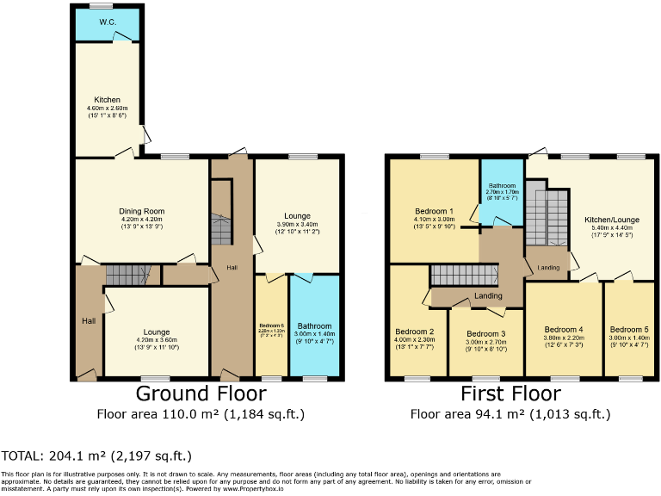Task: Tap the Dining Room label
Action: pyautogui.click(x=141, y=211)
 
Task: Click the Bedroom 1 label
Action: pyautogui.click(x=434, y=211)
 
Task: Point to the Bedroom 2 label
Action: pyautogui.click(x=414, y=332)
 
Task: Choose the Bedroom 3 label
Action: pyautogui.click(x=485, y=334)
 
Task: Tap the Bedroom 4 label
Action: pyautogui.click(x=564, y=330)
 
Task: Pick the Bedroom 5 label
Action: pyautogui.click(x=630, y=330)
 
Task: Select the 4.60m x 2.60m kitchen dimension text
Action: pyautogui.click(x=108, y=108)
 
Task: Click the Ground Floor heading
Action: pyautogui.click(x=201, y=394)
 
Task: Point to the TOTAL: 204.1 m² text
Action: pyautogui.click(x=96, y=456)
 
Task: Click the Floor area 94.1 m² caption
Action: pyautogui.click(x=510, y=414)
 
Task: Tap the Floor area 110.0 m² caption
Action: pyautogui.click(x=201, y=414)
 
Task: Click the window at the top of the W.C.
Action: pyautogui.click(x=101, y=7)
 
